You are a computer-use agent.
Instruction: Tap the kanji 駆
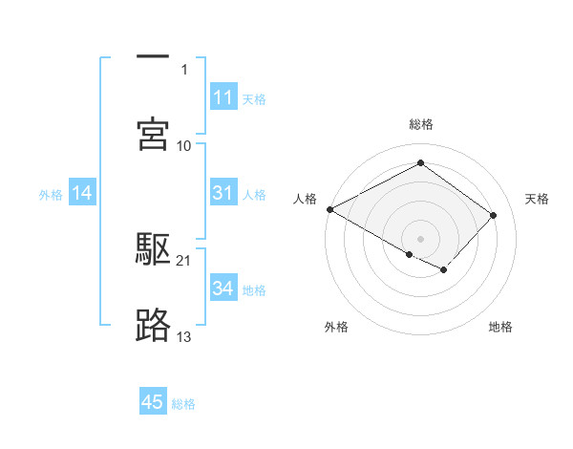pyautogui.click(x=153, y=250)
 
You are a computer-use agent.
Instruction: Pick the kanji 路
pyautogui.click(x=153, y=326)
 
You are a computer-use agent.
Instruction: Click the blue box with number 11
pyautogui.click(x=223, y=97)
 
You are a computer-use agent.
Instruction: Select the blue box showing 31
pyautogui.click(x=223, y=193)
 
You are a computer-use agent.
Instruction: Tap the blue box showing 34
pyautogui.click(x=223, y=289)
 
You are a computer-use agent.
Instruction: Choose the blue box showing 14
pyautogui.click(x=82, y=194)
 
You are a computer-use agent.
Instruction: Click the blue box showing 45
pyautogui.click(x=153, y=402)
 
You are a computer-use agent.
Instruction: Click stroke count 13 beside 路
pyautogui.click(x=184, y=336)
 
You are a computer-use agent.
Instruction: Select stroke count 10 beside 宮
pyautogui.click(x=184, y=145)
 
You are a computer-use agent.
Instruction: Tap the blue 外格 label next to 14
pyautogui.click(x=51, y=195)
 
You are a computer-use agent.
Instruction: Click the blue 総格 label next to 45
pyautogui.click(x=183, y=404)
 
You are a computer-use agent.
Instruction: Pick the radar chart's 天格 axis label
pyautogui.click(x=537, y=199)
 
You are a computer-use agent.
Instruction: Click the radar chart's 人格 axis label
pyautogui.click(x=305, y=199)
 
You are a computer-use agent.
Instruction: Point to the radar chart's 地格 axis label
pyautogui.click(x=500, y=328)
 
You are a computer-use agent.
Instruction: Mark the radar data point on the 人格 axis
pyautogui.click(x=329, y=209)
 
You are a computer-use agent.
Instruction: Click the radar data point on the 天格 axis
pyautogui.click(x=494, y=215)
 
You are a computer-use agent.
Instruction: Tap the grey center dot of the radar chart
pyautogui.click(x=420, y=238)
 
